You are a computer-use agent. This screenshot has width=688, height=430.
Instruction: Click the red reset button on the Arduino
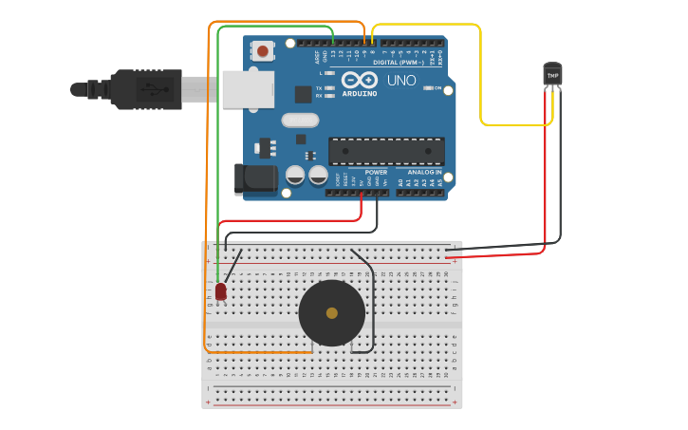(x=262, y=50)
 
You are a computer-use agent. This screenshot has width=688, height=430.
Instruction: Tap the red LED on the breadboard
(x=221, y=291)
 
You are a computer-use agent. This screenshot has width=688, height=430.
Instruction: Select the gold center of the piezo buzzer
(x=331, y=313)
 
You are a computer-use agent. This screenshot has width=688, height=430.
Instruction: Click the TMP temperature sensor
(x=552, y=75)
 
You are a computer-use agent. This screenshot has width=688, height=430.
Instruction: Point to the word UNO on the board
(x=401, y=81)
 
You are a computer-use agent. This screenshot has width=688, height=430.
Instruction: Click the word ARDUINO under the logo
(x=360, y=93)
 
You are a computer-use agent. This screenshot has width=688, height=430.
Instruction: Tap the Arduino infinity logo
(x=360, y=80)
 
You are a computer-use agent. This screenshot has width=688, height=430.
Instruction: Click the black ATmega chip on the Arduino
(x=386, y=151)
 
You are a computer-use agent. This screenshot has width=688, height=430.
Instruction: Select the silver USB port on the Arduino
(x=249, y=88)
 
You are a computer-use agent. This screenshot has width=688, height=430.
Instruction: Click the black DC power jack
(x=254, y=179)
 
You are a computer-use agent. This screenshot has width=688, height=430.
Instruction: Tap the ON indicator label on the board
(x=437, y=88)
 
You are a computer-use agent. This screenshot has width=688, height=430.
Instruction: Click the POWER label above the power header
(x=363, y=173)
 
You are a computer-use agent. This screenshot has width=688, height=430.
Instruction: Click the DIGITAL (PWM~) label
(x=399, y=63)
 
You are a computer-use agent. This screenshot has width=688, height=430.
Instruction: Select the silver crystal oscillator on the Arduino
(x=300, y=121)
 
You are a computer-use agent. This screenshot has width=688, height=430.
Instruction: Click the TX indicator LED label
(x=319, y=87)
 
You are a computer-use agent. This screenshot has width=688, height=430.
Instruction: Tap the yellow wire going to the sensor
(x=481, y=76)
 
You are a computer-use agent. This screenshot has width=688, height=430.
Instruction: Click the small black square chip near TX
(x=304, y=94)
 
